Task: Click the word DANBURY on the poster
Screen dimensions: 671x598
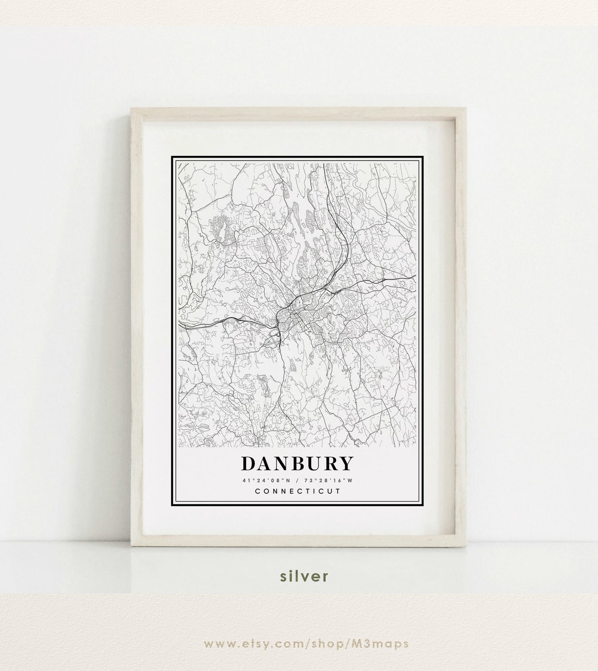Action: (297, 464)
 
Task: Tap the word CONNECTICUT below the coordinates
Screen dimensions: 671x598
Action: (297, 492)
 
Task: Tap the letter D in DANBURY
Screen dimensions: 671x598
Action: (249, 464)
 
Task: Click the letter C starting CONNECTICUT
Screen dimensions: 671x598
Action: (257, 492)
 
